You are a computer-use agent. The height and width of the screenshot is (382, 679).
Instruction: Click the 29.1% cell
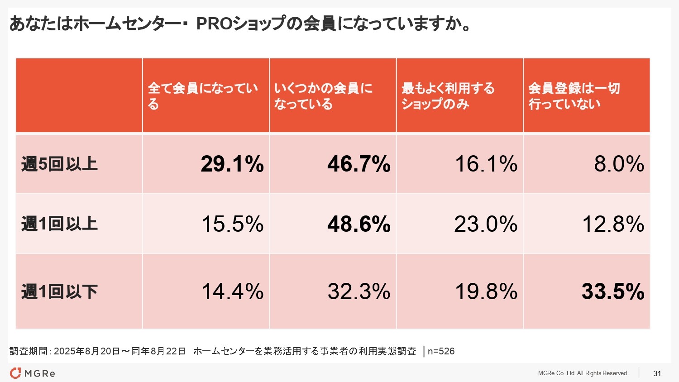[x=232, y=164]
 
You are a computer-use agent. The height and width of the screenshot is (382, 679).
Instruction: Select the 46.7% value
[x=359, y=164]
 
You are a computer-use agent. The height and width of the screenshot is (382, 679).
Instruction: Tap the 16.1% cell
[x=486, y=164]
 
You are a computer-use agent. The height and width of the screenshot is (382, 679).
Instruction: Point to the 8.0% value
[x=619, y=164]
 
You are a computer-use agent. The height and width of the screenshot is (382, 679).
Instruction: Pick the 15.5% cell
[x=232, y=224]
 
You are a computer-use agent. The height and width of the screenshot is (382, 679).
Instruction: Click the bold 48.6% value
[x=359, y=224]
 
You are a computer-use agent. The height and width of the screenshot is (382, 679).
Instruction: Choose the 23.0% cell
[x=486, y=224]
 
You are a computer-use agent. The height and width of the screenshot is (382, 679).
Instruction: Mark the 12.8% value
[x=613, y=224]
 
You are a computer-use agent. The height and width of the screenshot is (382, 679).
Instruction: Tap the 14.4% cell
[x=232, y=291]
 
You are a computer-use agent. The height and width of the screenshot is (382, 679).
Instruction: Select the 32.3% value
[x=359, y=291]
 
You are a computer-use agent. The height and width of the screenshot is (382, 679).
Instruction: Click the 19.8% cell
[x=486, y=291]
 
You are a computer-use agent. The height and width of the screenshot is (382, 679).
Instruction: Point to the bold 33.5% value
[x=613, y=291]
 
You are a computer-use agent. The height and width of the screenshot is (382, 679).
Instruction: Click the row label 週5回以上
[x=59, y=164]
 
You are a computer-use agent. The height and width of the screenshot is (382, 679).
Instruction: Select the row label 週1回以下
[x=59, y=291]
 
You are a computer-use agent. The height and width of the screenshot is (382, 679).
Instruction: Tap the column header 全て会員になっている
[x=203, y=96]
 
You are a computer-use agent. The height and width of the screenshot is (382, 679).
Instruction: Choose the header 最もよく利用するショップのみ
[x=448, y=96]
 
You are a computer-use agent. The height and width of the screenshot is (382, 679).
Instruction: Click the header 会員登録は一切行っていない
[x=574, y=96]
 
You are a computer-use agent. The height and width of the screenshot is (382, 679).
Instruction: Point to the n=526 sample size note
[x=441, y=351]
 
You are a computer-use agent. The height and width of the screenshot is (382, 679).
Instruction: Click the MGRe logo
[x=33, y=373]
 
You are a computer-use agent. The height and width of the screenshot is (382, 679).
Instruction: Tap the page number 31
[x=657, y=373]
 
